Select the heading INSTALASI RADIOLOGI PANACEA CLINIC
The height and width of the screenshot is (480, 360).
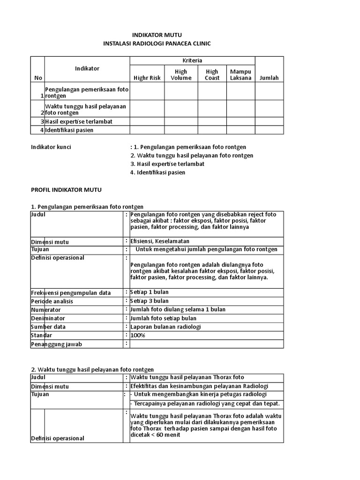click(x=157, y=44)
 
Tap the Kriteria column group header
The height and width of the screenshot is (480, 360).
click(x=192, y=61)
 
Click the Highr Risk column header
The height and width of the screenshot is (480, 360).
click(x=147, y=78)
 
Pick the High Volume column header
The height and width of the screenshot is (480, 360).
click(x=181, y=75)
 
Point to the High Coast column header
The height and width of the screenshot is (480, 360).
click(x=212, y=75)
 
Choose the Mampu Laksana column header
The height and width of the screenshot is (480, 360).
click(x=241, y=75)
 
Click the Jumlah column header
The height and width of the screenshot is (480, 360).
click(x=269, y=78)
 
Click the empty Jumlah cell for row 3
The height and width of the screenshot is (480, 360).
click(x=269, y=121)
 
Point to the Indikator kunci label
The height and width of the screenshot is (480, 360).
click(x=51, y=147)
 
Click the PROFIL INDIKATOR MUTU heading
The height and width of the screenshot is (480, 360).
click(x=66, y=190)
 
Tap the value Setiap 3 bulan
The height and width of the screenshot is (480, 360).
click(x=150, y=301)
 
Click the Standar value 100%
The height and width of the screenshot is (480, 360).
click(x=138, y=335)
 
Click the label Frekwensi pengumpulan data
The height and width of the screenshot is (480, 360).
click(x=71, y=292)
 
